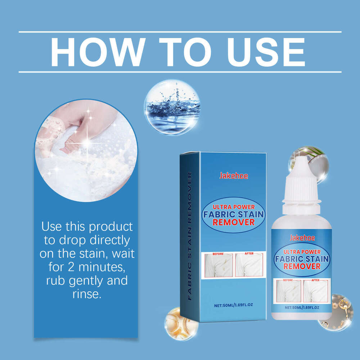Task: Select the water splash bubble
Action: (x=172, y=107)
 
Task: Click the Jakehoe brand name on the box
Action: (x=233, y=176)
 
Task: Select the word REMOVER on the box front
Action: (x=233, y=222)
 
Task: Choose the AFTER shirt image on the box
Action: (x=249, y=265)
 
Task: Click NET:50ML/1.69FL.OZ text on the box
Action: (x=233, y=306)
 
